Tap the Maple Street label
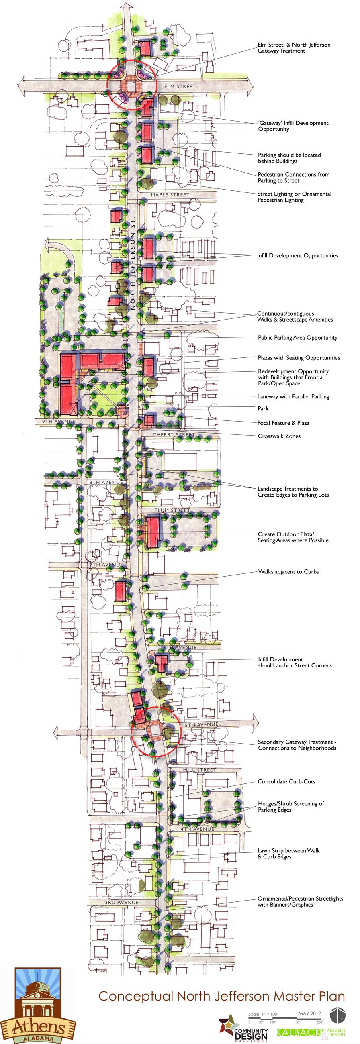170,195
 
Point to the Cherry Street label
174,435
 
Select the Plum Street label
172,510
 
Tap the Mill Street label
199,770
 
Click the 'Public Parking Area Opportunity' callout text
297,338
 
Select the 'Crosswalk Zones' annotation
279,436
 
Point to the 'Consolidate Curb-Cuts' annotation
286,781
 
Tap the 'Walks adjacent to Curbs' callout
288,572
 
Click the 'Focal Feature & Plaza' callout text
283,423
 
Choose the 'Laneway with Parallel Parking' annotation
293,396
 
